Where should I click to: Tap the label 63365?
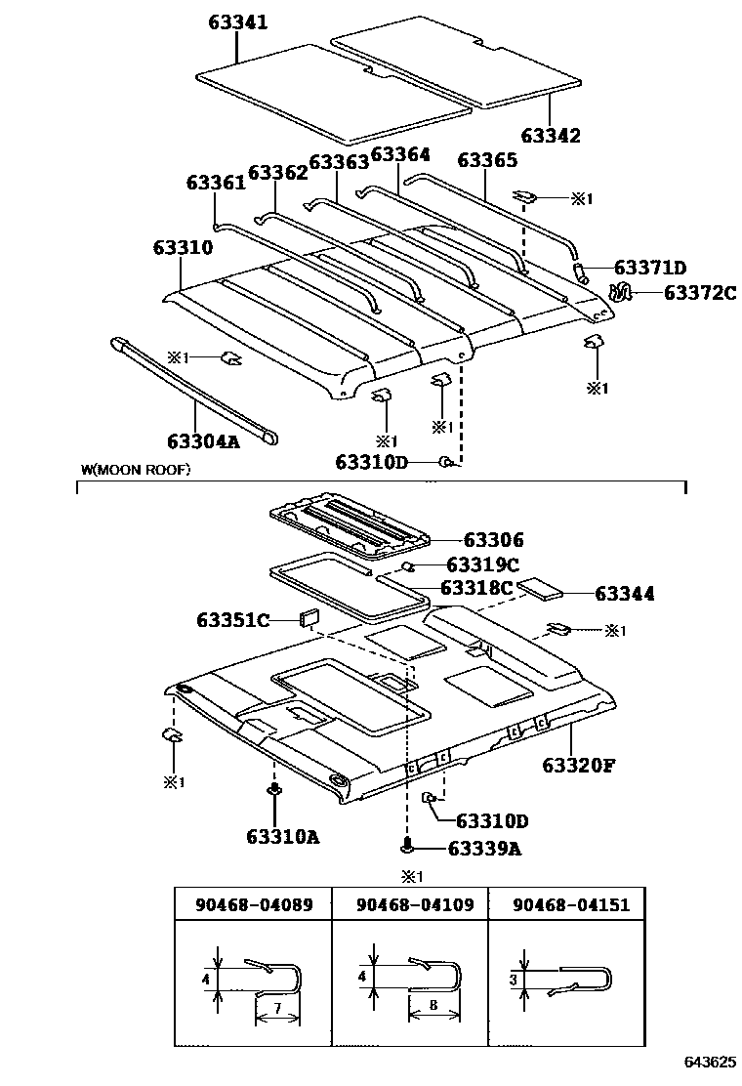coord(487,159)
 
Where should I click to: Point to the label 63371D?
coord(651,269)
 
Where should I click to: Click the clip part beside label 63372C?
coord(620,291)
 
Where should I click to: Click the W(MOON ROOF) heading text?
coord(136,470)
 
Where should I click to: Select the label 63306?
coord(493,540)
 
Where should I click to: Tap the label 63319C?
coord(482,564)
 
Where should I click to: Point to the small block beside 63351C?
coord(309,617)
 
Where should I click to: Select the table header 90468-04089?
coord(253,904)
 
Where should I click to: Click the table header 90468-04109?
coord(409,904)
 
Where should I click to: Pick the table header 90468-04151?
coord(571,904)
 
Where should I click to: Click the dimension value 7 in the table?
coord(277,1007)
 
